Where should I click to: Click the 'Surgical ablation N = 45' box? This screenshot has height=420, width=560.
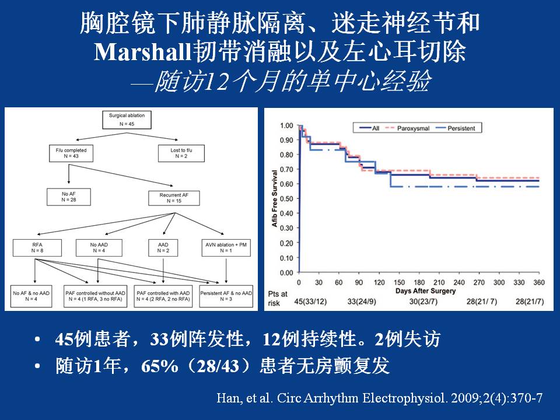[127, 118]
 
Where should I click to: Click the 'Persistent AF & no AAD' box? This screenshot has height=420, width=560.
[226, 295]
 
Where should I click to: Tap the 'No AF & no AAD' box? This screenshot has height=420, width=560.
[33, 295]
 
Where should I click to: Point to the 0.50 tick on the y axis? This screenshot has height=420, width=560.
[286, 199]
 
